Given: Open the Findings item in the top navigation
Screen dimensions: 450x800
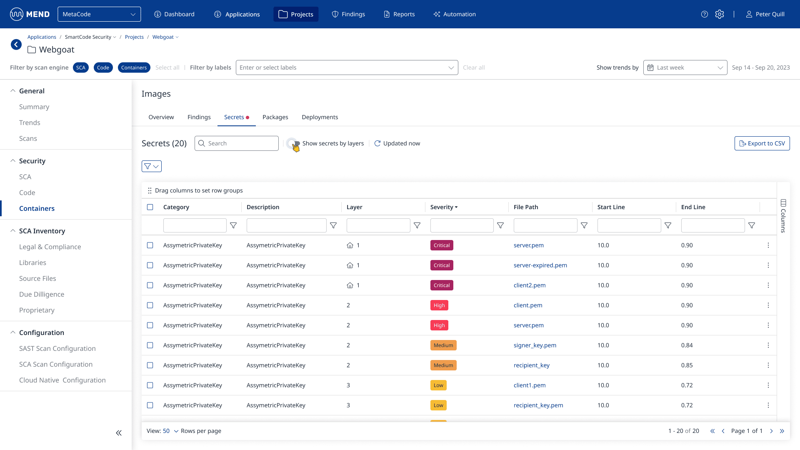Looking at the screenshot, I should pos(348,14).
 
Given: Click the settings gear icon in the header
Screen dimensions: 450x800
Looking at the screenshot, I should pos(720,14).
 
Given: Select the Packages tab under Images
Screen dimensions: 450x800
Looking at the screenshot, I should pos(275,117).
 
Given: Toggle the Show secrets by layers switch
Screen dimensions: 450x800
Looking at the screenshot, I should pos(293,143).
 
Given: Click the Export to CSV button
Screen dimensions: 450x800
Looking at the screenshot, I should pos(762,143).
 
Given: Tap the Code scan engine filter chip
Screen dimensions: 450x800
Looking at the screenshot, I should pos(103,67).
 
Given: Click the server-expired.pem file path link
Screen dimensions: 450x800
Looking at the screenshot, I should pos(540,265).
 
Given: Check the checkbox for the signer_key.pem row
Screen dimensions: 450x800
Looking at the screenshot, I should pos(150,345).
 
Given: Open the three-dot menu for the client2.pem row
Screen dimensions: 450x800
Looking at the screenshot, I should pos(768,285).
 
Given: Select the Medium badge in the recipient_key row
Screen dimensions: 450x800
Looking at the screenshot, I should pos(443,365).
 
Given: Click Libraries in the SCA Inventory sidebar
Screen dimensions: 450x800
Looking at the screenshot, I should pos(32,262).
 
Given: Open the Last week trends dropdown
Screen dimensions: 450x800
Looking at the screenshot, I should pos(685,67).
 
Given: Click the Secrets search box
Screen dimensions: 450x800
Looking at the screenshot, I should pos(237,143).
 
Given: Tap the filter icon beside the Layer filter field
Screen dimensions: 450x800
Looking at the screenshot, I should pos(417,225).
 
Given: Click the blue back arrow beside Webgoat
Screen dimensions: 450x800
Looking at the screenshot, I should pos(16,45).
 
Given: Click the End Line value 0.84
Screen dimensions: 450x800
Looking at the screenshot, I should pos(687,345).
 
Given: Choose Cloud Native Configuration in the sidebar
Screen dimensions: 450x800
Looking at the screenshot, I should pos(62,380).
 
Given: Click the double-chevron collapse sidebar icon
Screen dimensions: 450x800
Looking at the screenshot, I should pos(119,433).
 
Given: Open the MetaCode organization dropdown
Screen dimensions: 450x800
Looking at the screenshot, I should pos(99,14).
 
